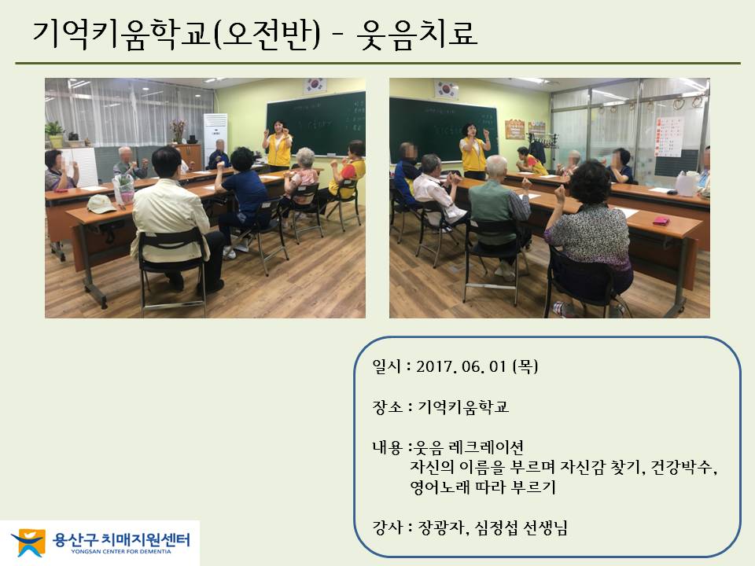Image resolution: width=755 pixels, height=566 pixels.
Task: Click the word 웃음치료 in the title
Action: pyautogui.click(x=417, y=34)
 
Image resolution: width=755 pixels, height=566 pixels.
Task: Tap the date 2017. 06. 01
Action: pyautogui.click(x=462, y=367)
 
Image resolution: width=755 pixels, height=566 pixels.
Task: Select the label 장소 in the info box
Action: pyautogui.click(x=386, y=407)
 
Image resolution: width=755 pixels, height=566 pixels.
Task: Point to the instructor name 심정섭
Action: pyautogui.click(x=496, y=528)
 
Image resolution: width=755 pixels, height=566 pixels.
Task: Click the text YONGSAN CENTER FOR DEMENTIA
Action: pyautogui.click(x=121, y=552)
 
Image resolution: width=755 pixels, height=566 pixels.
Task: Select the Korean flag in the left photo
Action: pyautogui.click(x=315, y=86)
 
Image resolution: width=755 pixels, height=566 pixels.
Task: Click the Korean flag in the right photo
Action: pyautogui.click(x=446, y=89)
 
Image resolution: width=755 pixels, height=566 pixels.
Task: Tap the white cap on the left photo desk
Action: pyautogui.click(x=101, y=204)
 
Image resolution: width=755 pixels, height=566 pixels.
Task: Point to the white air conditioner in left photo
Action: pyautogui.click(x=215, y=140)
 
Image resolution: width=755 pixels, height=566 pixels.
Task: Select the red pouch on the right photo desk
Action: pyautogui.click(x=661, y=221)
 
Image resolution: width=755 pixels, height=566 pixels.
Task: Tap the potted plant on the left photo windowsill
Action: pyautogui.click(x=55, y=134)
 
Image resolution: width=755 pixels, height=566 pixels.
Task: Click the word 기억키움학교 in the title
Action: pyautogui.click(x=121, y=35)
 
